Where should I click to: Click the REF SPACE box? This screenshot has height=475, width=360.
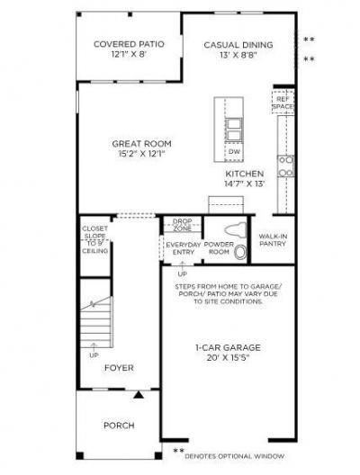(283, 103)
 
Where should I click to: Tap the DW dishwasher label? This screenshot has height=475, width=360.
(232, 152)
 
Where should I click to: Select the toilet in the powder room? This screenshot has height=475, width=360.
(239, 251)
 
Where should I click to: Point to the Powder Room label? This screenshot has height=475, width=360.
(219, 248)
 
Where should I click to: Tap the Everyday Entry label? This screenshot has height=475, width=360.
(182, 248)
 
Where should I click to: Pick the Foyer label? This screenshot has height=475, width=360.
(119, 367)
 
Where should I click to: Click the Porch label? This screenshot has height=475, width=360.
(119, 425)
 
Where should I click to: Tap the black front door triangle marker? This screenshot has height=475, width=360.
(138, 394)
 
